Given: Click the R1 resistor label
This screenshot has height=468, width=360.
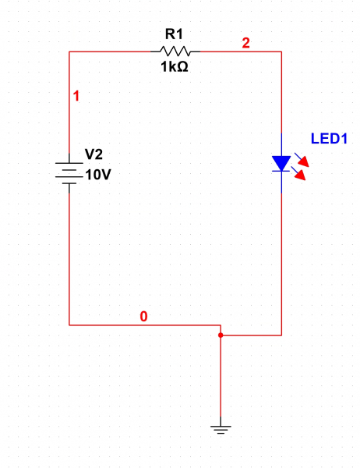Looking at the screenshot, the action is coord(175,34).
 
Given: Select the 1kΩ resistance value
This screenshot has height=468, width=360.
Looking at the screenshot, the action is coord(175,66).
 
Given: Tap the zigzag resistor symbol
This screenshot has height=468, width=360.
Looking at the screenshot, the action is coord(175,51).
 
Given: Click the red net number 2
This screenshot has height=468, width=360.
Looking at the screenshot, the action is coord(245,43).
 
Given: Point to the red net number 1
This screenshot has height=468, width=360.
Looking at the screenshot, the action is coord(76,96).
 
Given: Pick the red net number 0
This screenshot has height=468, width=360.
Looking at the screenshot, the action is coord(143,317).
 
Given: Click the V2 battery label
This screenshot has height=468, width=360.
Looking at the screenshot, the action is coord(94,154).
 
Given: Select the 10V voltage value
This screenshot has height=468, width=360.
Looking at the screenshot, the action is coord(98,175).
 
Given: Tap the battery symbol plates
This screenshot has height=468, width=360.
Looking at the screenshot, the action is coord(69,173).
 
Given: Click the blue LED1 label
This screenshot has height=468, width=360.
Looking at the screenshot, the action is coord(329,139).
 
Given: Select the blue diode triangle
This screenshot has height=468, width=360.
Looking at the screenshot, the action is coord(281,164).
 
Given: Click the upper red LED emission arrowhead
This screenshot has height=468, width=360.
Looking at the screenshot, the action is coord(304,162).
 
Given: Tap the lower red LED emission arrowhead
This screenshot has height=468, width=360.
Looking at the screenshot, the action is coord(301,175).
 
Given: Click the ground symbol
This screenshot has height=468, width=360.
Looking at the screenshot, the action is coord(221,429).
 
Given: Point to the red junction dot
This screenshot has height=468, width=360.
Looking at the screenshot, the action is coord(221,335).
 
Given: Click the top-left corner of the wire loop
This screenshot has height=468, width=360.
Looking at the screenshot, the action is coord(69,51).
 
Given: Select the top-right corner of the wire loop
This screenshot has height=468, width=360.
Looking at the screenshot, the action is coord(281,51).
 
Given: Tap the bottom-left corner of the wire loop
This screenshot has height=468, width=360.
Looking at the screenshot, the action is coord(69,325).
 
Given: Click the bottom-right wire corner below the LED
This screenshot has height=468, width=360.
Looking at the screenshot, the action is coord(281,335).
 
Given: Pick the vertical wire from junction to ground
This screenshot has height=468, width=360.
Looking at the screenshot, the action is coord(221,376).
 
